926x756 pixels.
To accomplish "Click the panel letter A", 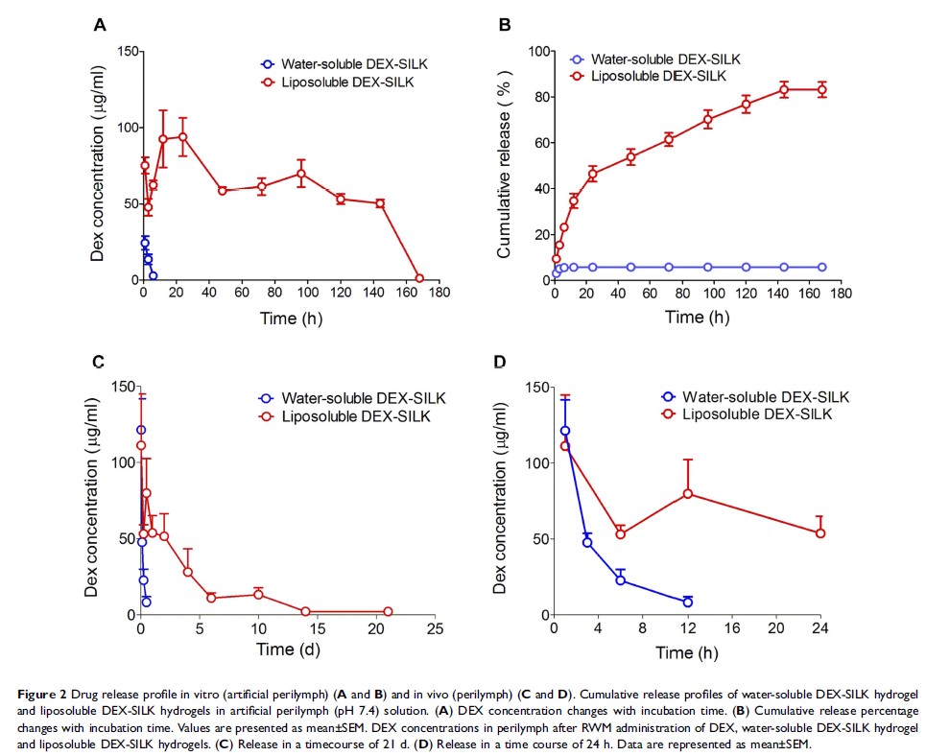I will (x=100, y=26).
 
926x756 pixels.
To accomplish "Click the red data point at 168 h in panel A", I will (x=418, y=278).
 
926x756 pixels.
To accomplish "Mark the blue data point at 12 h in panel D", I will (x=687, y=602).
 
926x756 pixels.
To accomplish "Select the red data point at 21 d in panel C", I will (x=388, y=611).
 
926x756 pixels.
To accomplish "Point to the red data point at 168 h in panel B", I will (x=821, y=90).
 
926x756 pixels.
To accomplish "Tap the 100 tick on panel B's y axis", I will (x=536, y=51).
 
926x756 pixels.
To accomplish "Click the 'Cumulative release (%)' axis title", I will (x=503, y=165).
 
